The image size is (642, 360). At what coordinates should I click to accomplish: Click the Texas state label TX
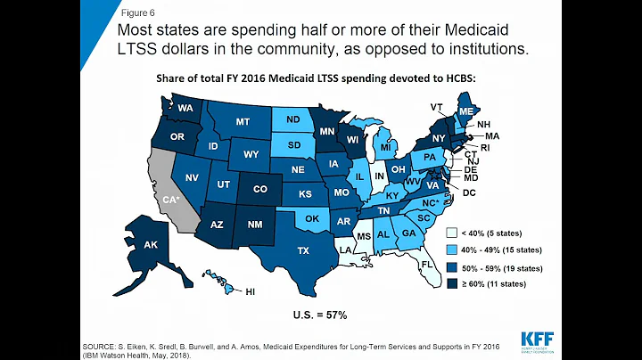click(303, 251)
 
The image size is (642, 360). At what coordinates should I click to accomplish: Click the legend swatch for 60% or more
click(453, 283)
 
